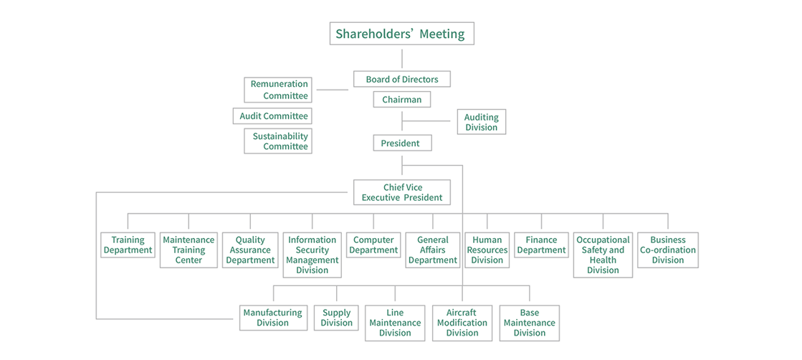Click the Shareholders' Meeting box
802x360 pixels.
(401, 34)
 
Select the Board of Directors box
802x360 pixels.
(401, 79)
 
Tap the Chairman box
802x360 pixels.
(401, 100)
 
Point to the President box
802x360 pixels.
(401, 143)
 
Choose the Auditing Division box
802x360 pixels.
(481, 122)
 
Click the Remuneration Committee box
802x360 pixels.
(278, 90)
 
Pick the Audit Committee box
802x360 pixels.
(273, 116)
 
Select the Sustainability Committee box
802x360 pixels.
(278, 141)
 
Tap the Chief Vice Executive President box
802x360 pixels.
(401, 192)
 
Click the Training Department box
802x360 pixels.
(128, 245)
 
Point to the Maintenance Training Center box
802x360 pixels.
(188, 250)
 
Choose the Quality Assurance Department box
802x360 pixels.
(250, 250)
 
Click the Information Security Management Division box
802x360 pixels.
(312, 255)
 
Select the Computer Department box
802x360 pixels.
(373, 245)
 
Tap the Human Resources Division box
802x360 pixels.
(487, 250)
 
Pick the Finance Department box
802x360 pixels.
(541, 245)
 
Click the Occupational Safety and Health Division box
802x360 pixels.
(603, 255)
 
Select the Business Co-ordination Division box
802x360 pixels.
(667, 250)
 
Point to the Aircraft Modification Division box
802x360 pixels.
(462, 323)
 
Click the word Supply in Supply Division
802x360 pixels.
(337, 313)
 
